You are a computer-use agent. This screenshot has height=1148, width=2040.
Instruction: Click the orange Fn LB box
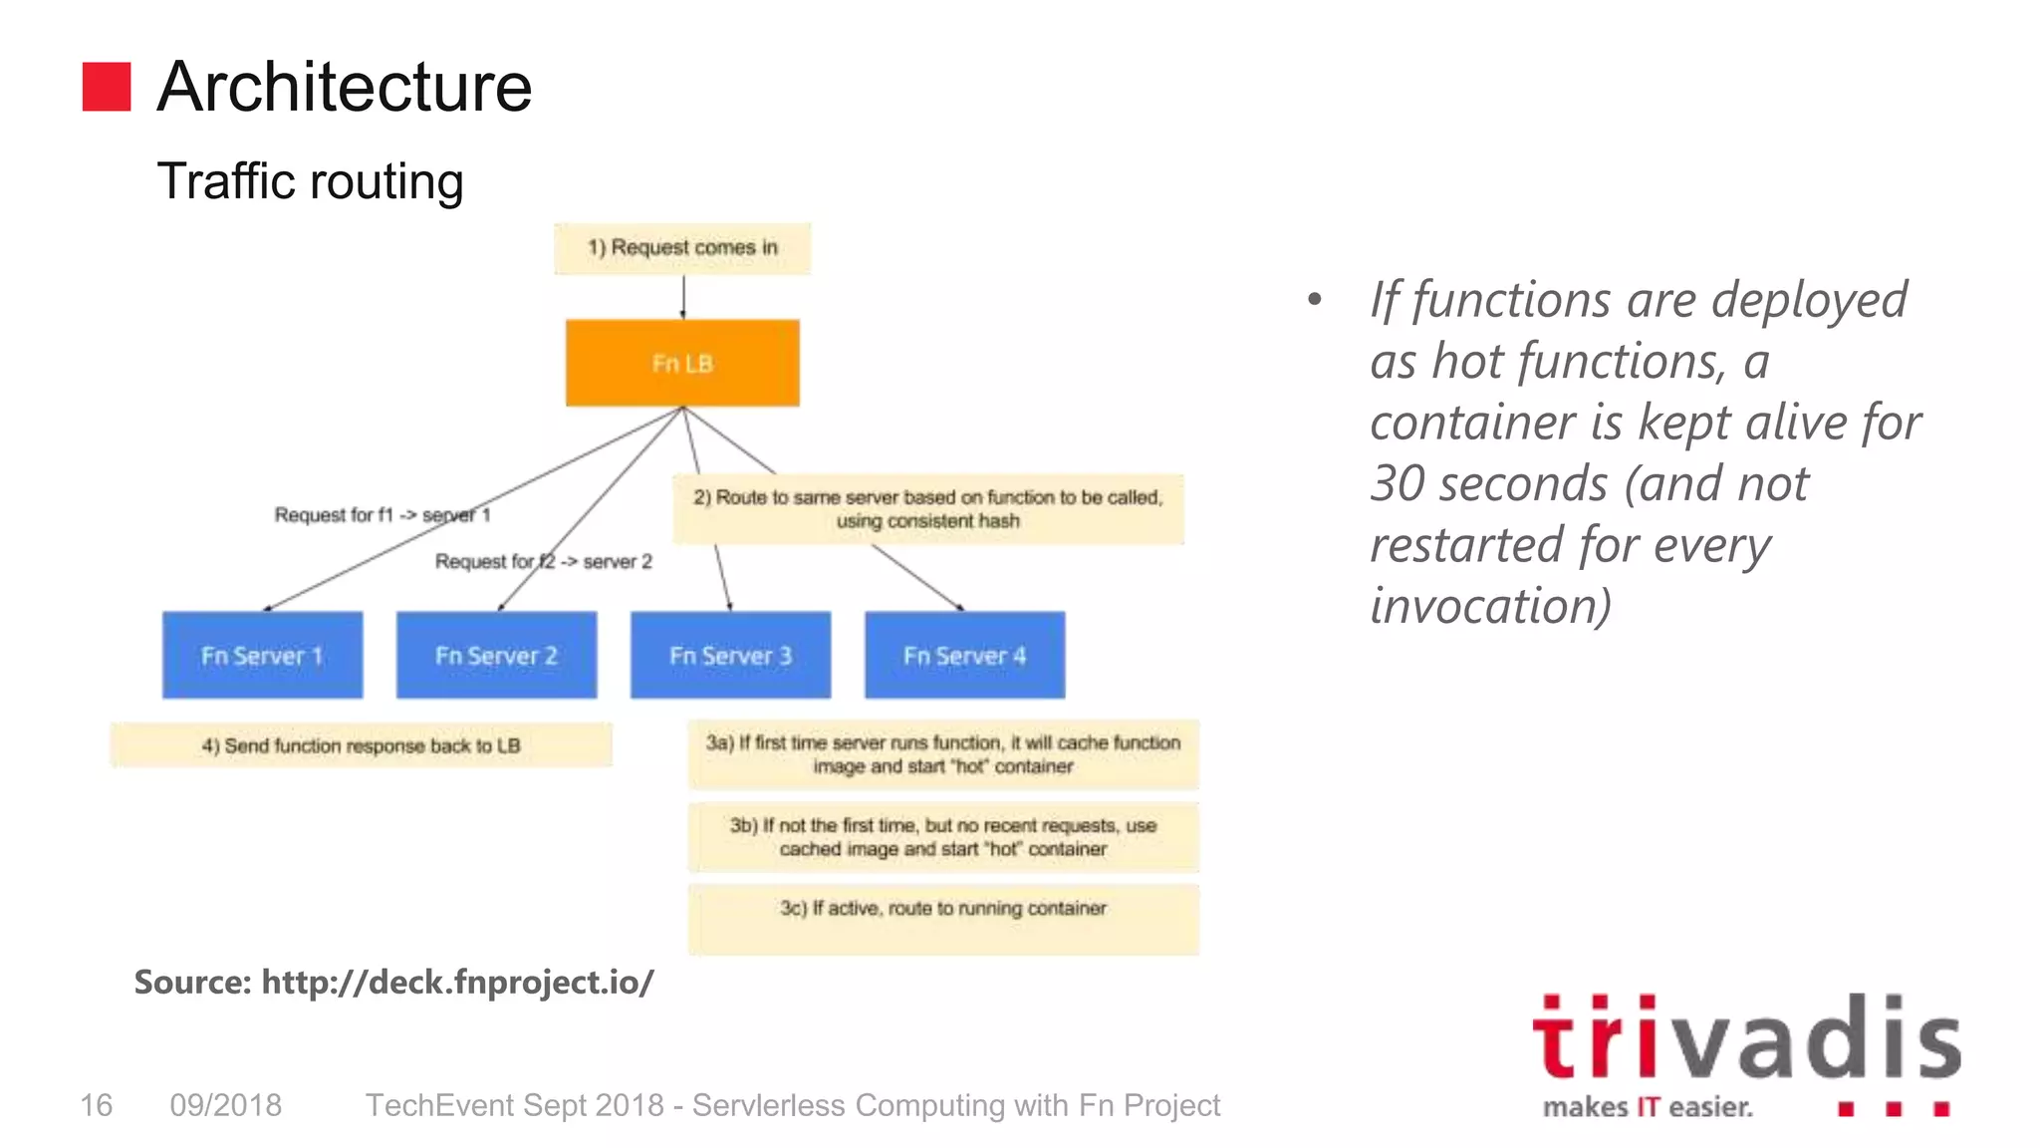(682, 363)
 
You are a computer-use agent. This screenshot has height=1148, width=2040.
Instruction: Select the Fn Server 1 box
(262, 655)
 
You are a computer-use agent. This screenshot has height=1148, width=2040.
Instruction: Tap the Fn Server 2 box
(496, 655)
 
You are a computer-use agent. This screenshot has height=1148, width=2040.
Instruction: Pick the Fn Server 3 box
(730, 655)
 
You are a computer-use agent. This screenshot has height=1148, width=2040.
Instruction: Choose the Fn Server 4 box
(964, 655)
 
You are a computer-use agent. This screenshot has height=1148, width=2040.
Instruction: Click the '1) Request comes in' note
(682, 248)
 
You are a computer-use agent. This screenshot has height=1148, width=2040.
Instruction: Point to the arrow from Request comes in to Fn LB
(683, 297)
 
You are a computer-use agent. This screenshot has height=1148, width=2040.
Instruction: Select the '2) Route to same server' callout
(928, 509)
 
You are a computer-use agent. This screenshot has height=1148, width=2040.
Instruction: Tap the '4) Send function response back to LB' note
(361, 745)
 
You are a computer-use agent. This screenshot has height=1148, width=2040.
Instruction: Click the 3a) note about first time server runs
(943, 754)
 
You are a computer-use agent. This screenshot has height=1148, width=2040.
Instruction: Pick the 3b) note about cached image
(943, 837)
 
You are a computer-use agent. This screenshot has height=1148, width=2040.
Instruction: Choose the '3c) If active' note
(943, 919)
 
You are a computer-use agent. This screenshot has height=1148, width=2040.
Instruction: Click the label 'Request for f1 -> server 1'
(382, 515)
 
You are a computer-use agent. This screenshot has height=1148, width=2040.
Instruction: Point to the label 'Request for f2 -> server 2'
(544, 562)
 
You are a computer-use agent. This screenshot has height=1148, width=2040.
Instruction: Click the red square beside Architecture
(107, 87)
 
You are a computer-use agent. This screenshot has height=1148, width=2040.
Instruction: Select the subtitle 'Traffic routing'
(310, 181)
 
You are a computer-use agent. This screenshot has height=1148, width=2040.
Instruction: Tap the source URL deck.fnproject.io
(457, 983)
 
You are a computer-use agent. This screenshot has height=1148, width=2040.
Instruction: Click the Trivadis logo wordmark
(1746, 1039)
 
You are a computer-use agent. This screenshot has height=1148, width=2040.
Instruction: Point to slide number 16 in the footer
(97, 1105)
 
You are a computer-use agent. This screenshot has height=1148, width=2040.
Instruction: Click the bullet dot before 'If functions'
(1315, 299)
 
